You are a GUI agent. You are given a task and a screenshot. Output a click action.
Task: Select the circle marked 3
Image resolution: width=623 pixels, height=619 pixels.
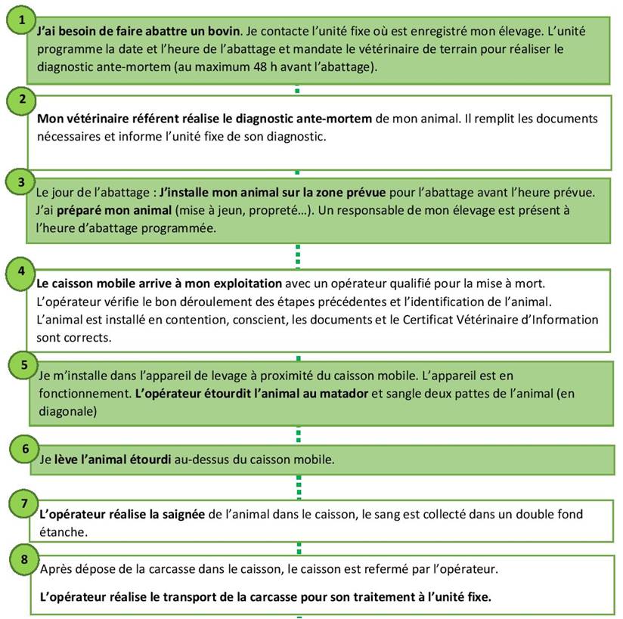(x=22, y=181)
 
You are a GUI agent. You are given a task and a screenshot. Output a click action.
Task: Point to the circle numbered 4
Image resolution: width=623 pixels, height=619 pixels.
(x=22, y=270)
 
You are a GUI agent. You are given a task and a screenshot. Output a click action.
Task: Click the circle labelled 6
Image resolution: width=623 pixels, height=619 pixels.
(x=24, y=449)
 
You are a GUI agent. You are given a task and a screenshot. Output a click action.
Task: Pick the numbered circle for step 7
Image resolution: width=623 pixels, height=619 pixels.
(x=24, y=503)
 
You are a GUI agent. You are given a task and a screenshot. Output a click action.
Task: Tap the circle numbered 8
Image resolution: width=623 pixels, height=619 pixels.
(x=24, y=560)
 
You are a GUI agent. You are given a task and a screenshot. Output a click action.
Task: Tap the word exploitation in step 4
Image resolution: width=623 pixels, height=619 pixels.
(x=244, y=284)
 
